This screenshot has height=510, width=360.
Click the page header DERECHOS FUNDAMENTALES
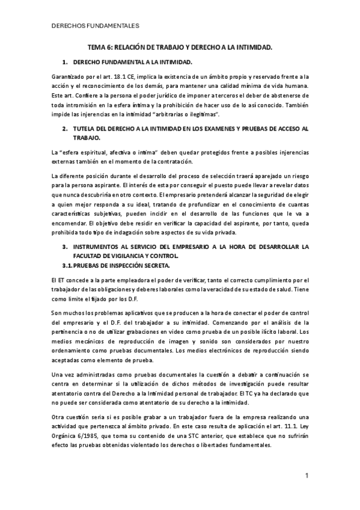(x=96, y=26)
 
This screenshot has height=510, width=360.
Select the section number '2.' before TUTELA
(x=65, y=129)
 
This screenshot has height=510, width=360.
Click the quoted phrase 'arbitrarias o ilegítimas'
(x=189, y=114)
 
